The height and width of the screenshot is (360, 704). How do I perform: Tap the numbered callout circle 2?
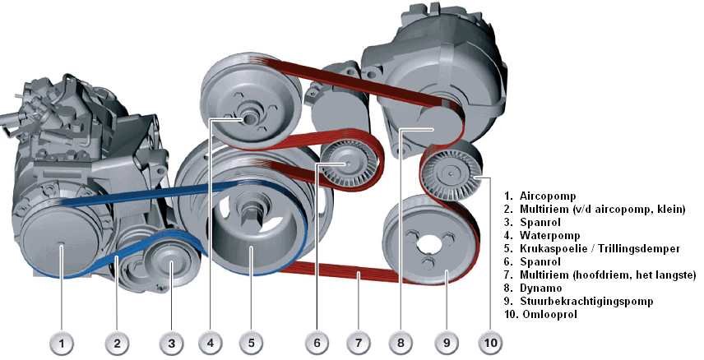118,341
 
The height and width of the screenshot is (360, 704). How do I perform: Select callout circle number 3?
171,341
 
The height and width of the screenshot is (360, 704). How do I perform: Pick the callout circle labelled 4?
211,341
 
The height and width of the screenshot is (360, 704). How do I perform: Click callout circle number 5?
251,341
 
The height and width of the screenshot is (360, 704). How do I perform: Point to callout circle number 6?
317,341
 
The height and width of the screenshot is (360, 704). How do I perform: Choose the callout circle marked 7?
359,341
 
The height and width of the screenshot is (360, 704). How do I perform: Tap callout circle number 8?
401,341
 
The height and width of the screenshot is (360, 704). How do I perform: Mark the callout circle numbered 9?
447,341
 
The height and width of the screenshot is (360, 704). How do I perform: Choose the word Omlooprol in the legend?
547,315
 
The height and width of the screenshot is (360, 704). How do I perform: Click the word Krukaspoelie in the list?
553,249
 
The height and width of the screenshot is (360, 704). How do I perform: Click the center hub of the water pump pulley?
246,120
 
